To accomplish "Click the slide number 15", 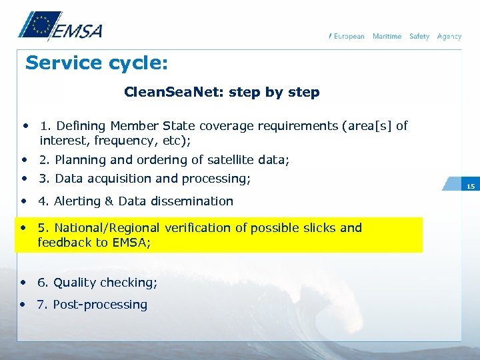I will [471, 187].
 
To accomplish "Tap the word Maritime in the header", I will [387, 36].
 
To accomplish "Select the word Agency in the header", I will [449, 36].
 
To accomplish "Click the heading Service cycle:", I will [97, 63].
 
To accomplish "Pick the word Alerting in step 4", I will [77, 201].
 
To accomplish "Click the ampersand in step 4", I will [111, 201].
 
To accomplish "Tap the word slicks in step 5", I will [319, 228].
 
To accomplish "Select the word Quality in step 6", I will [75, 283].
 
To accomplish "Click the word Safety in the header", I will [419, 36].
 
